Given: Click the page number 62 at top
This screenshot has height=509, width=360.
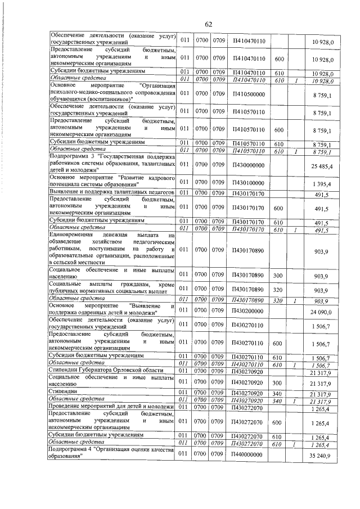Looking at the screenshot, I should tap(208, 23).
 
